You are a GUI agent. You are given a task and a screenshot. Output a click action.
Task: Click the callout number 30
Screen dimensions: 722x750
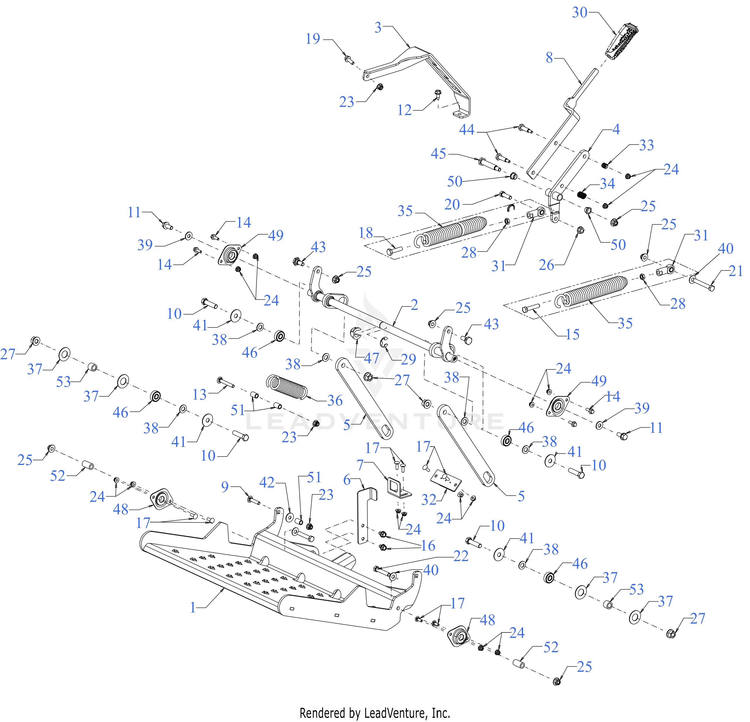579,13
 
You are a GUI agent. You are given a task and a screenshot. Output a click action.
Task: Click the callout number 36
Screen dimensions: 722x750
335,401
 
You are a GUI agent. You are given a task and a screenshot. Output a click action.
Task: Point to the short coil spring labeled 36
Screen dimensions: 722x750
287,387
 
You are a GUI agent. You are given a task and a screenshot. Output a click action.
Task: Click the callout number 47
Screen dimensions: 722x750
371,358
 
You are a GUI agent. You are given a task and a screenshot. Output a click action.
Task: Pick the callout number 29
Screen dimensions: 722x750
408,359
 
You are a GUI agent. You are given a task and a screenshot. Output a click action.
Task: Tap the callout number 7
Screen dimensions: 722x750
360,465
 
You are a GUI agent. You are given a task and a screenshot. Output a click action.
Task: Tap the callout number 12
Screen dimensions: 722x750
404,110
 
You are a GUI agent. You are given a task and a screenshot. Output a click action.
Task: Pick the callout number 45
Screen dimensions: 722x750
438,154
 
